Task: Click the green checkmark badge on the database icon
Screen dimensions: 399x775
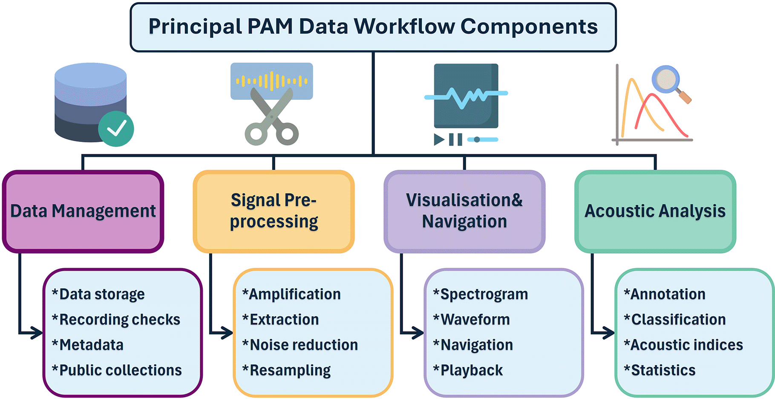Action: click(x=116, y=129)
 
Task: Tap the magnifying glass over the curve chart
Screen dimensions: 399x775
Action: click(x=666, y=79)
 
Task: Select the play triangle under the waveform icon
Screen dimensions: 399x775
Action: click(x=439, y=139)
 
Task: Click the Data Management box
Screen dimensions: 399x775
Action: click(x=83, y=211)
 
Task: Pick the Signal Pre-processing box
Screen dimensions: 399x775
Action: click(x=274, y=211)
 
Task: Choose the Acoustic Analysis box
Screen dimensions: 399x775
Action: click(x=655, y=211)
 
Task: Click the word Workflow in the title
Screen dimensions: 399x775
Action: click(x=405, y=26)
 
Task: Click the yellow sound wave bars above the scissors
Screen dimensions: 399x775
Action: click(x=271, y=81)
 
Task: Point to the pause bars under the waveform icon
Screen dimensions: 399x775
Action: click(x=455, y=139)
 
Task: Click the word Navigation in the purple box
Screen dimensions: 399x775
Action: click(x=464, y=222)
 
